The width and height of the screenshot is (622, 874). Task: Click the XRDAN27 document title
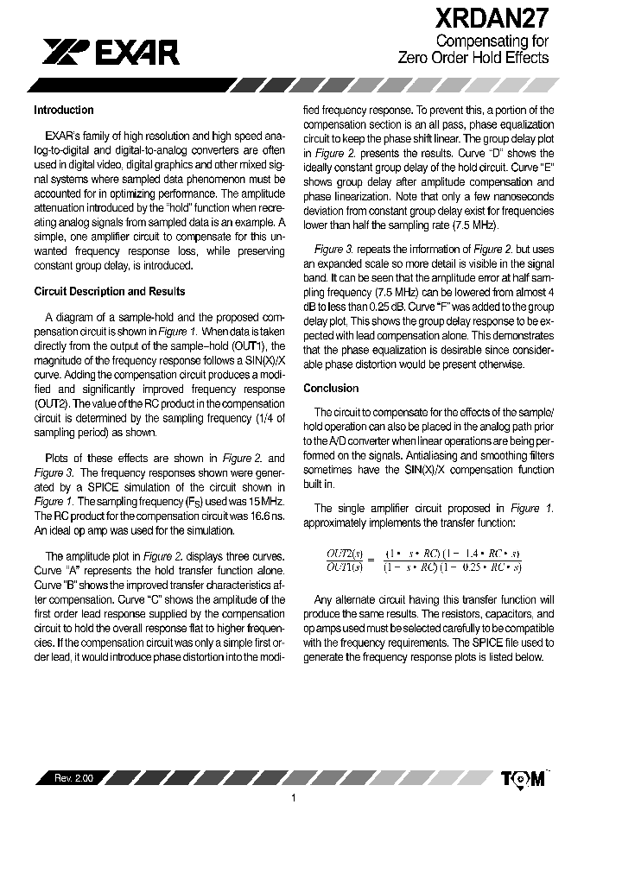point(492,19)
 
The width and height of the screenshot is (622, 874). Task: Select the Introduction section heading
point(64,111)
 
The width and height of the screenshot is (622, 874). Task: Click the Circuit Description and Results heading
point(109,292)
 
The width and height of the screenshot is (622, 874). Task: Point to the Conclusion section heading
point(331,389)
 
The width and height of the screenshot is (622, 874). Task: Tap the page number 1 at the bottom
point(294,798)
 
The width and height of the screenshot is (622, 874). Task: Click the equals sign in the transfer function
point(371,560)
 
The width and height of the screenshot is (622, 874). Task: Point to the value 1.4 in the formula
point(466,553)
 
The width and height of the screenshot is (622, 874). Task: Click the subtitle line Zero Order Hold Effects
point(473,58)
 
